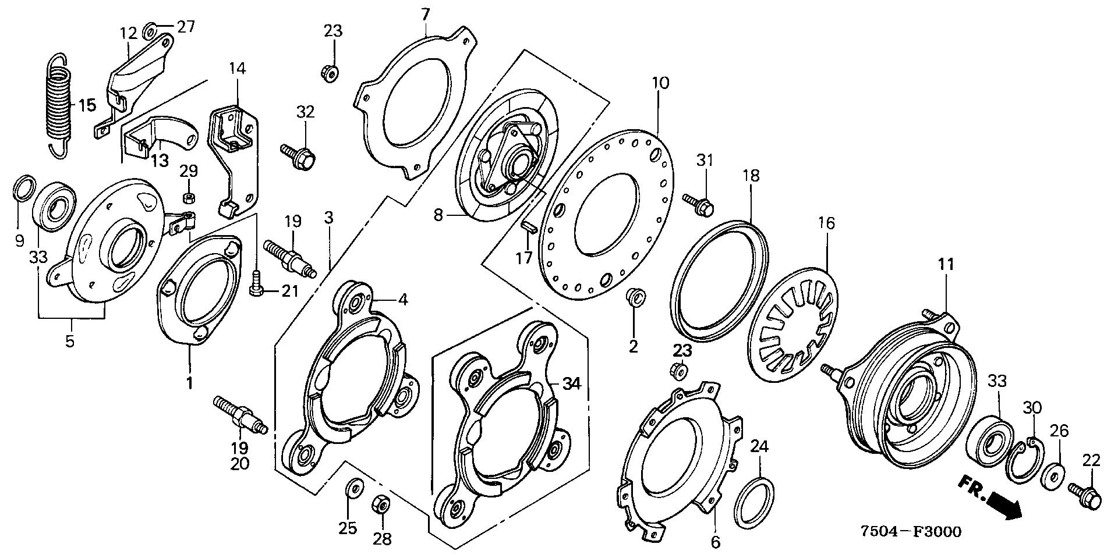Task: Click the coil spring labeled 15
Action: coord(58,105)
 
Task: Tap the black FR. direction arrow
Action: coord(1007,504)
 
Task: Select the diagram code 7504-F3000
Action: coord(911,532)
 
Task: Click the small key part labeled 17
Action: coord(529,227)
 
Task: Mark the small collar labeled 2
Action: coord(634,299)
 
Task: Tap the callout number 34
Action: coord(572,383)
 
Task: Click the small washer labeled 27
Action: coord(148,27)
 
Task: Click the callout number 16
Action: coord(826,223)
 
